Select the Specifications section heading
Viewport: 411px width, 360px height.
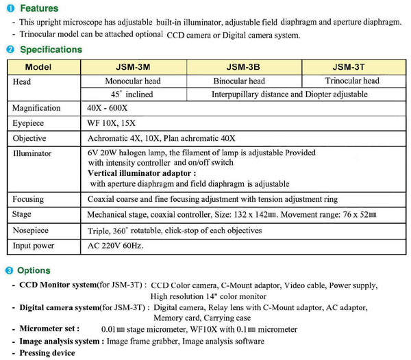click(x=51, y=49)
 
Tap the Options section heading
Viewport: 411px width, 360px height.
click(x=35, y=270)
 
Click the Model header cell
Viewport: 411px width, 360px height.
click(x=43, y=67)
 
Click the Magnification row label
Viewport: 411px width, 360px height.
click(x=36, y=108)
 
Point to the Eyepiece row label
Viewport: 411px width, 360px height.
click(x=29, y=123)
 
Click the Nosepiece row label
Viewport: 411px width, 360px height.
click(x=32, y=231)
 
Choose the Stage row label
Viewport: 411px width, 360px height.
click(x=23, y=215)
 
